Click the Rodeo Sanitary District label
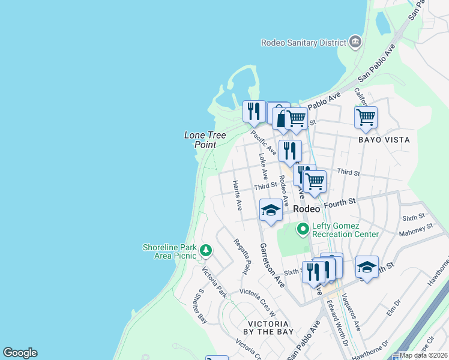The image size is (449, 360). pos(304,43)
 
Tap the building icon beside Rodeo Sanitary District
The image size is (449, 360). pos(355,42)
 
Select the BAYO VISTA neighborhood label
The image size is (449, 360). pos(384,140)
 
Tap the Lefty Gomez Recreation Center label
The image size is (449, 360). pos(345,230)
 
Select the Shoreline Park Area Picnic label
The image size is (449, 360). pos(169,251)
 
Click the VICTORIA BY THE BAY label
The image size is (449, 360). pos(268,327)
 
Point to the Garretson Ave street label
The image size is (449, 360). pos(271,265)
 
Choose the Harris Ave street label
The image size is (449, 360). pos(237,196)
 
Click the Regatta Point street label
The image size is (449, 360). pos(245,259)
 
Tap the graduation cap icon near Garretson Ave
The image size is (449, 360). pos(271,211)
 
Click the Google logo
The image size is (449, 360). pos(20,353)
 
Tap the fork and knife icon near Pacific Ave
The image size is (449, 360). pos(254,110)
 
